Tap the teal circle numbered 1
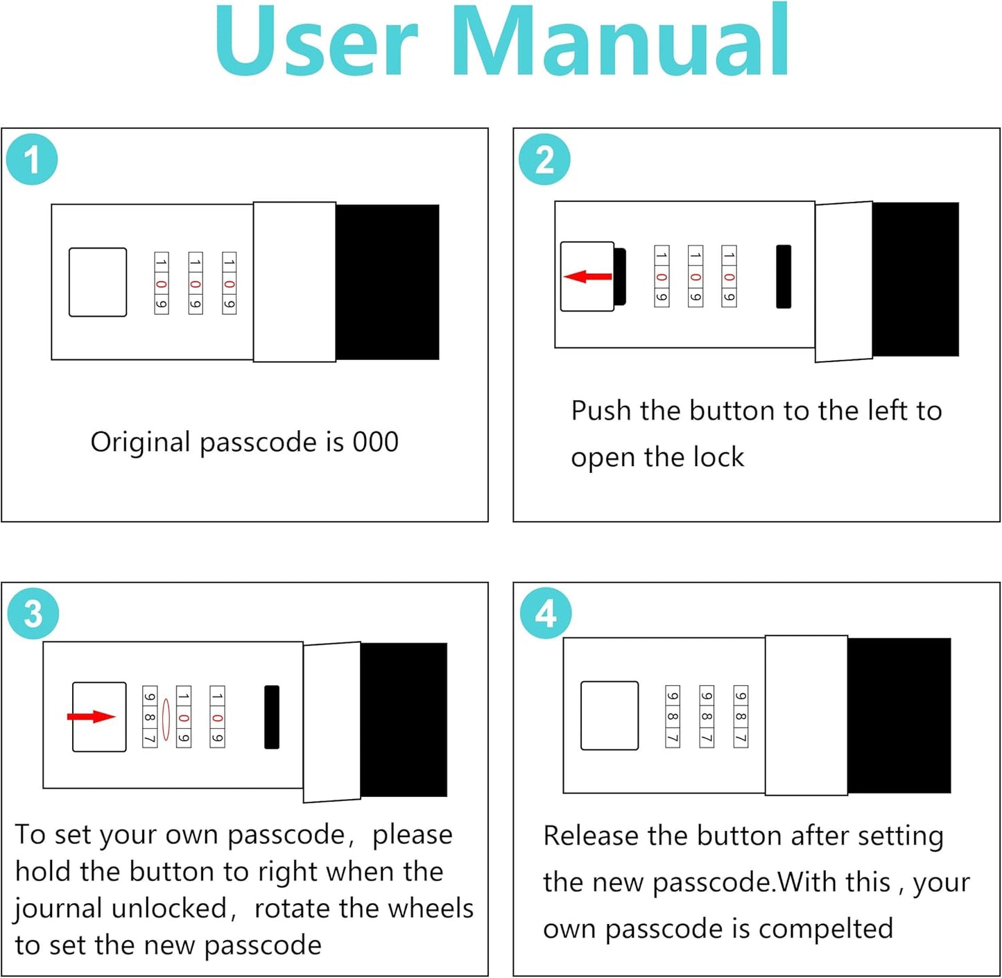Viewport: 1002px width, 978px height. [32, 160]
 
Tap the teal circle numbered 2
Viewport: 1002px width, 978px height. [544, 160]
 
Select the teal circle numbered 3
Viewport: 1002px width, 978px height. [33, 614]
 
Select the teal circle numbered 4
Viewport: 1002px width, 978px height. [546, 614]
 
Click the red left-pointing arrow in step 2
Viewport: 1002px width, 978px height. [587, 277]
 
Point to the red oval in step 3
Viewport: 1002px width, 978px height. [166, 719]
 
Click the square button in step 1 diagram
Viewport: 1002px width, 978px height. [98, 282]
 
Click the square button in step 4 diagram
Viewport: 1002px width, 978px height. [610, 716]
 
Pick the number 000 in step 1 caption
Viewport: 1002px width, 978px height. [375, 442]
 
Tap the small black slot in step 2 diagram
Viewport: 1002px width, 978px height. [784, 276]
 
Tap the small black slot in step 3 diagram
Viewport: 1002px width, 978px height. [272, 717]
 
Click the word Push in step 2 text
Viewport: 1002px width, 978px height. [601, 411]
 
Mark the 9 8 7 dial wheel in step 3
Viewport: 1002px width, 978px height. [150, 717]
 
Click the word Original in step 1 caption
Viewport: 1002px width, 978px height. [140, 442]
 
